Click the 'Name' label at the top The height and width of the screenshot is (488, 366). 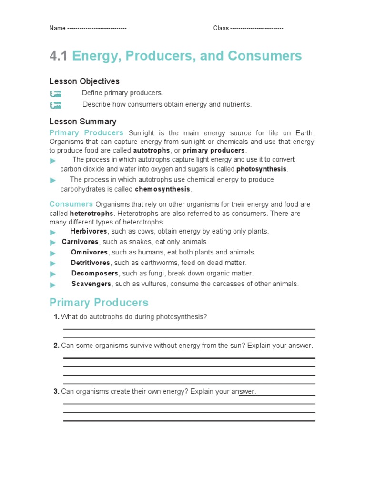tap(57, 28)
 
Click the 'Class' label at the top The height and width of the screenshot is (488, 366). tap(221, 28)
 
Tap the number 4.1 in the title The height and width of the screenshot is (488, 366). tap(59, 56)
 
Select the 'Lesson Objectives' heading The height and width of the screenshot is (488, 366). tap(84, 81)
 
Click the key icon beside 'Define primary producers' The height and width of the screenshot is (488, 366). tap(56, 94)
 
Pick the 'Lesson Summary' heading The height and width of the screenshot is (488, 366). tap(82, 122)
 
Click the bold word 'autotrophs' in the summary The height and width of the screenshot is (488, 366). tap(151, 151)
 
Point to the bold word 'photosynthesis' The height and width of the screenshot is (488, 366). tap(262, 169)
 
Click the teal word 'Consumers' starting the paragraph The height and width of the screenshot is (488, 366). tap(71, 204)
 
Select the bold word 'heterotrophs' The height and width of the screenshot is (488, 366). tap(91, 213)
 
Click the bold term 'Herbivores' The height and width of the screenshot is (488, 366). tap(89, 232)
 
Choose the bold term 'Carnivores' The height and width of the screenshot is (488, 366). tap(80, 242)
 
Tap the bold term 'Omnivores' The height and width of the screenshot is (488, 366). tap(90, 253)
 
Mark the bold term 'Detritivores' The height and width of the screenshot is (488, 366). tap(91, 263)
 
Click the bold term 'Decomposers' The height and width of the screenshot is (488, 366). tap(95, 274)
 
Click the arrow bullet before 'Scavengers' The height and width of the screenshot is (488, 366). tap(53, 285)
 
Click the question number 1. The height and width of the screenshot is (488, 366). tap(56, 317)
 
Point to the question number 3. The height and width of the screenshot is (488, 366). tap(56, 392)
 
